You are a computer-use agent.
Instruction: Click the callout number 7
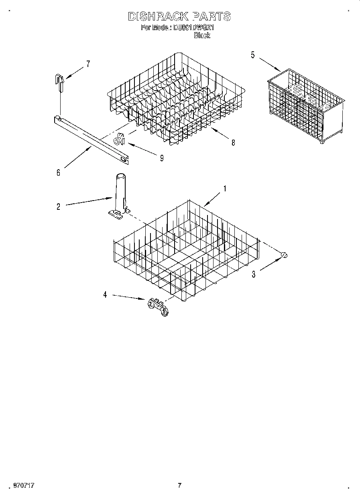(88, 63)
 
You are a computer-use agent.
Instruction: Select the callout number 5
(253, 55)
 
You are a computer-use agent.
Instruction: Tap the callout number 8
(233, 142)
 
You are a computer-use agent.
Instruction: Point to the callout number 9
(161, 158)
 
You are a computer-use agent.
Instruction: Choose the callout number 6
(59, 172)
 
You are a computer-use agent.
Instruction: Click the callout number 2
(59, 207)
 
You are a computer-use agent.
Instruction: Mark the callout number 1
(225, 189)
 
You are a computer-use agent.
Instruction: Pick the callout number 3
(254, 274)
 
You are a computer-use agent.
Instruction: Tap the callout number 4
(105, 295)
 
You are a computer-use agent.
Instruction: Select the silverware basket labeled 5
(305, 106)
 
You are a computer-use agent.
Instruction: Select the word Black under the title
(202, 35)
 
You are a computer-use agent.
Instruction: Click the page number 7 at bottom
(179, 485)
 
